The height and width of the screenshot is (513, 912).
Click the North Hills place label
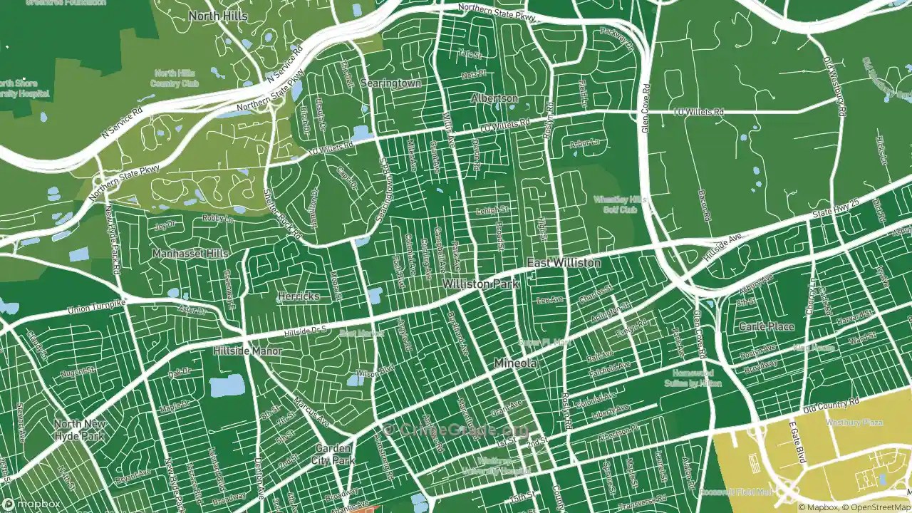pyautogui.click(x=219, y=16)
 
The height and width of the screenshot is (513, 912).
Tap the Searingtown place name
pyautogui.click(x=390, y=83)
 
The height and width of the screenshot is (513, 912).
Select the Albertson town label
pyautogui.click(x=494, y=98)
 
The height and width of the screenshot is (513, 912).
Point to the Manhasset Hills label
pyautogui.click(x=190, y=253)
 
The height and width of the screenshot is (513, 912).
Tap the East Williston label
pyautogui.click(x=564, y=263)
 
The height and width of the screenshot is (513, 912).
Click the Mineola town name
pyautogui.click(x=515, y=363)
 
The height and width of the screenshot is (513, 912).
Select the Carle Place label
pyautogui.click(x=766, y=326)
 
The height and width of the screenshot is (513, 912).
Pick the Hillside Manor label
pyautogui.click(x=247, y=351)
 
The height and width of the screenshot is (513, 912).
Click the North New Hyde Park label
pyautogui.click(x=81, y=430)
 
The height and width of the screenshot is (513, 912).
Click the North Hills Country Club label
pyautogui.click(x=174, y=78)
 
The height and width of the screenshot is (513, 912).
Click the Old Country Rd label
pyautogui.click(x=828, y=410)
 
